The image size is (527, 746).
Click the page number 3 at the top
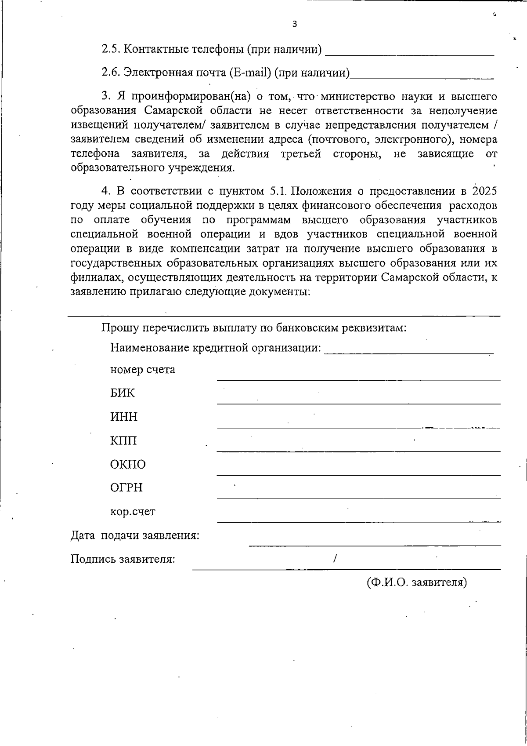tap(294, 24)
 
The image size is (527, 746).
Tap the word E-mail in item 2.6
tap(249, 73)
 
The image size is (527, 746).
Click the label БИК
tap(123, 393)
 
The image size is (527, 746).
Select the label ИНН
tap(124, 417)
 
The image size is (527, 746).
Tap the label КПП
tap(123, 440)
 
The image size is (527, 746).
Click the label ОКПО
tap(128, 464)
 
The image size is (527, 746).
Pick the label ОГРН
tap(126, 488)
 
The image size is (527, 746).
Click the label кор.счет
tap(133, 512)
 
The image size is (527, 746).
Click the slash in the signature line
tap(335, 559)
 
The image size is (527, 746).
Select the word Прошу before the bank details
tap(120, 328)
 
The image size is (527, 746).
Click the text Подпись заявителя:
tap(123, 559)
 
